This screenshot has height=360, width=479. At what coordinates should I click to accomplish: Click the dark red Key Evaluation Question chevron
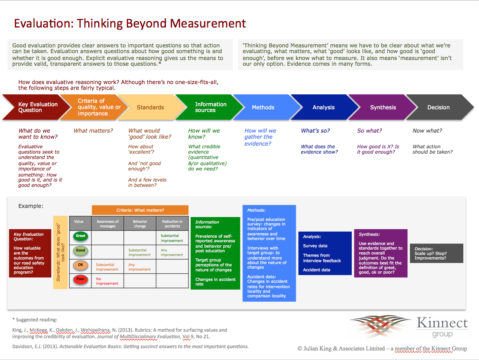tap(36, 107)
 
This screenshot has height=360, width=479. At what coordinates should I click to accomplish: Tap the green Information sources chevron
tap(209, 107)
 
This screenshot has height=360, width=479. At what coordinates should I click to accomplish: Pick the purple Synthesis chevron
tap(383, 107)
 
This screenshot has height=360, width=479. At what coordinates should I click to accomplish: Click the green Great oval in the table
tap(81, 236)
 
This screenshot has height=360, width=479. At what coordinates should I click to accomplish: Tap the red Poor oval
tap(81, 279)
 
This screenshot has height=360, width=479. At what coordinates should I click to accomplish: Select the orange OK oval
tap(81, 265)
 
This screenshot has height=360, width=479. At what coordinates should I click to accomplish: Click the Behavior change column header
tap(140, 224)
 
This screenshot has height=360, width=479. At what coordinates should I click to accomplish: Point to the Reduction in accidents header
tap(172, 224)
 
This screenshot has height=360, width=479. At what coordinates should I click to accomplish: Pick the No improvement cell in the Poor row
tap(107, 281)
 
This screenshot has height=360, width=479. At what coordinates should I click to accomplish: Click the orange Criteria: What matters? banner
tap(140, 210)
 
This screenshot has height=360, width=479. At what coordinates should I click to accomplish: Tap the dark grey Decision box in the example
tap(437, 253)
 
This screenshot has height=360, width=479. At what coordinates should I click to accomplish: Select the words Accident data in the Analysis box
tap(317, 270)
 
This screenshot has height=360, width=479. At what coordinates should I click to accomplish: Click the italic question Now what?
tap(427, 131)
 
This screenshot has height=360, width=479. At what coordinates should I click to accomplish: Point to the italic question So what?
tap(369, 131)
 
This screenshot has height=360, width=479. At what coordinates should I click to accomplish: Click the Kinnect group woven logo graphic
tap(380, 326)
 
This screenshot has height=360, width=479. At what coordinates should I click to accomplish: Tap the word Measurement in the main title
tap(208, 23)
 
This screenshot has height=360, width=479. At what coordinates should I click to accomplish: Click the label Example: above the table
tap(31, 206)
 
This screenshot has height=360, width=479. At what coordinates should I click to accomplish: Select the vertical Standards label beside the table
tap(60, 252)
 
